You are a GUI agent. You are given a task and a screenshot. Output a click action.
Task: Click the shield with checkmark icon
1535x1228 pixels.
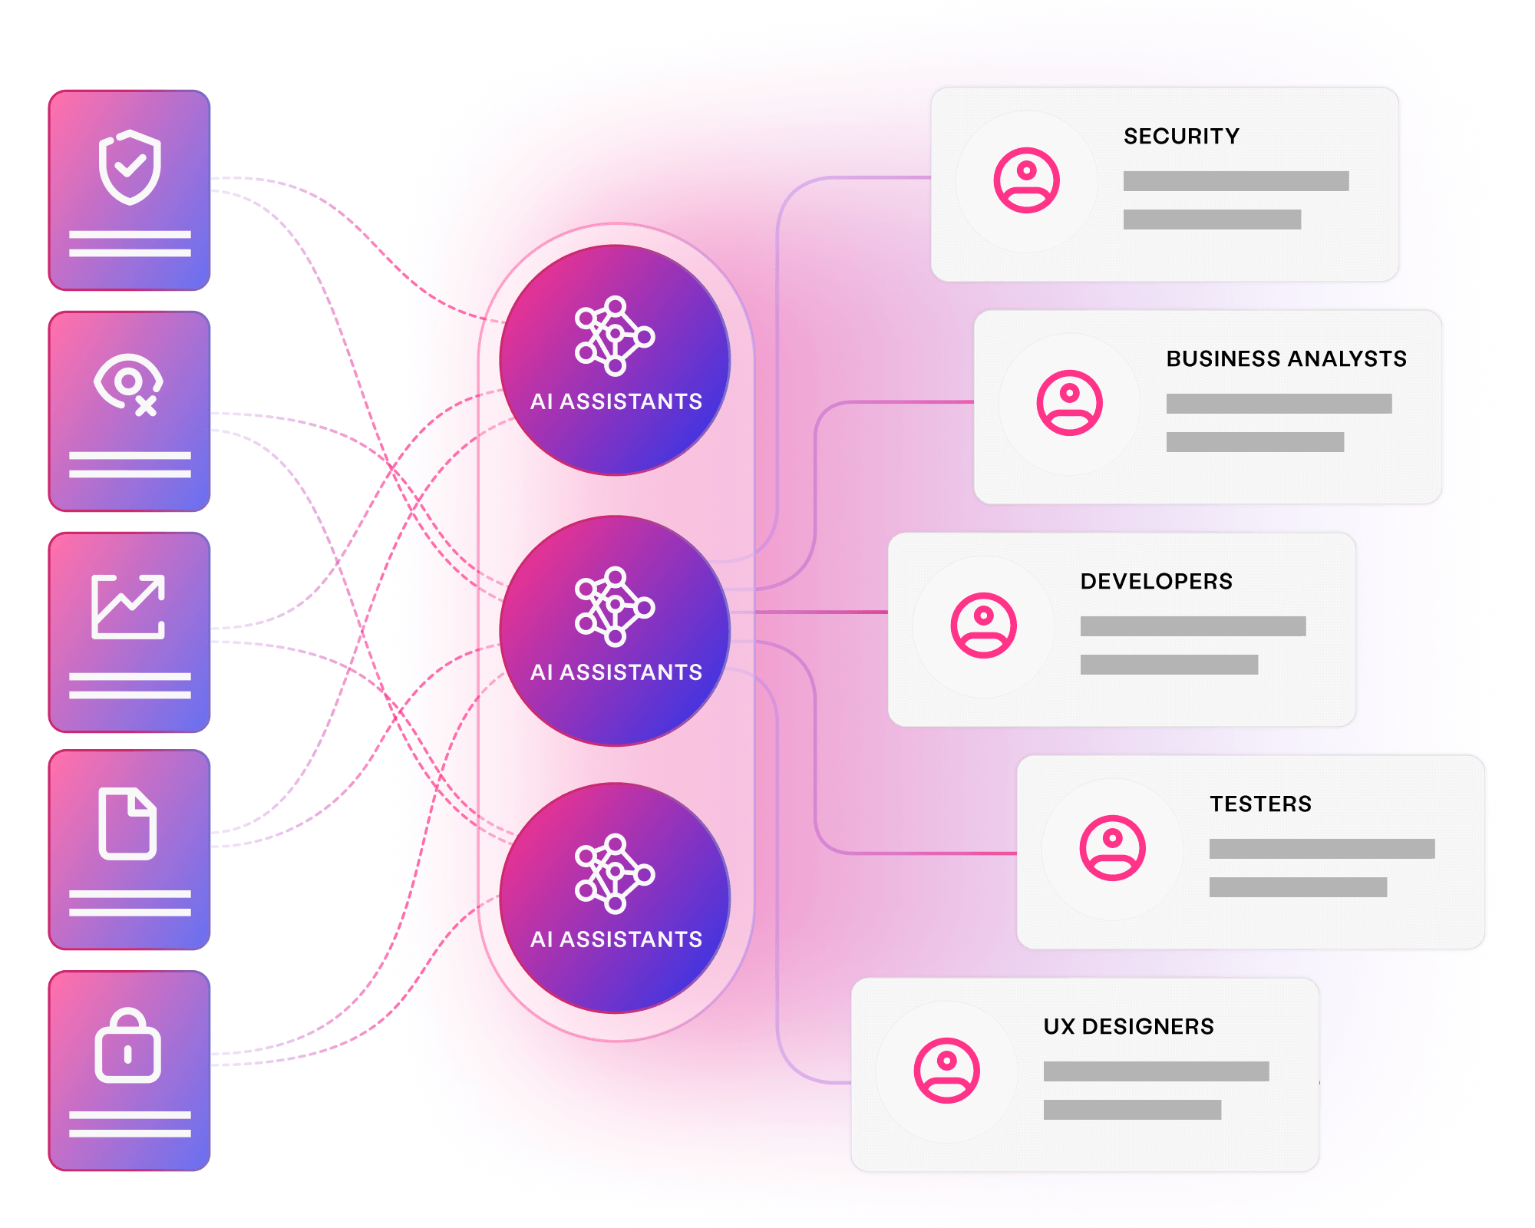click(130, 167)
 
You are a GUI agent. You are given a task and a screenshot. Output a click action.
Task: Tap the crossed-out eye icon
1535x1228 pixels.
click(127, 384)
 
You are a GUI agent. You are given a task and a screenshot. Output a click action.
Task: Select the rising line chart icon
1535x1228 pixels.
click(128, 606)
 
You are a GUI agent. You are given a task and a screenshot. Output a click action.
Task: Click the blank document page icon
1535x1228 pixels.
click(127, 823)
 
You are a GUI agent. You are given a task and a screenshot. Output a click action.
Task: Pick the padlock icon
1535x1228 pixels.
click(128, 1045)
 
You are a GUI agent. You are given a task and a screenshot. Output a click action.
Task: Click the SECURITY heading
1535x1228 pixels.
click(1181, 137)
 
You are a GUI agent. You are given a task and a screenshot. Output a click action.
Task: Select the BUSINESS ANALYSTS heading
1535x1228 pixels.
click(1286, 359)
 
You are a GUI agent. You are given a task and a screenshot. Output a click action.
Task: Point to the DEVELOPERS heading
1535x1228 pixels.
click(1156, 582)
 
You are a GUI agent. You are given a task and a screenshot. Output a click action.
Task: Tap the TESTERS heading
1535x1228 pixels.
click(1260, 804)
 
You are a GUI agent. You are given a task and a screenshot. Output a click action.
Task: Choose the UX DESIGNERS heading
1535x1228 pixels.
click(1128, 1027)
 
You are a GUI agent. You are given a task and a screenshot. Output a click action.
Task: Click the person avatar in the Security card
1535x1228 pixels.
click(1026, 180)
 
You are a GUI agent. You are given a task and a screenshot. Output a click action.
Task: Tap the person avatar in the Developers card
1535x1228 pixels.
click(983, 626)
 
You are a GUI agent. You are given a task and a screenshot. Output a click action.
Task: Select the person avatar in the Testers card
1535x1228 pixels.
click(1112, 848)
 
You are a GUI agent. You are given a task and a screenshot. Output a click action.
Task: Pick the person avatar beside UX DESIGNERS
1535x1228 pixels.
click(946, 1071)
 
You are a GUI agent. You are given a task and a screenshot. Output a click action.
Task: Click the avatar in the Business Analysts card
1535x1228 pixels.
click(1069, 403)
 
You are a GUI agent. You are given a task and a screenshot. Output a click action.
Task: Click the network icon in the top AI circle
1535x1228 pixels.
click(614, 336)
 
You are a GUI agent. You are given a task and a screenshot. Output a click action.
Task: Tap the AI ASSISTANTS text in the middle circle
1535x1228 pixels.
click(616, 672)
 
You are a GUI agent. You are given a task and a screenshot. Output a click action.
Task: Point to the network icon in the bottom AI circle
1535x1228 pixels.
click(614, 874)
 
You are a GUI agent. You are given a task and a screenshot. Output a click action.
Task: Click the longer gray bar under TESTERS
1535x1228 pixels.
click(1322, 849)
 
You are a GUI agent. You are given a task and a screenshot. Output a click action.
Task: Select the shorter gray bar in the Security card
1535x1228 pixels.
click(1212, 220)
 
